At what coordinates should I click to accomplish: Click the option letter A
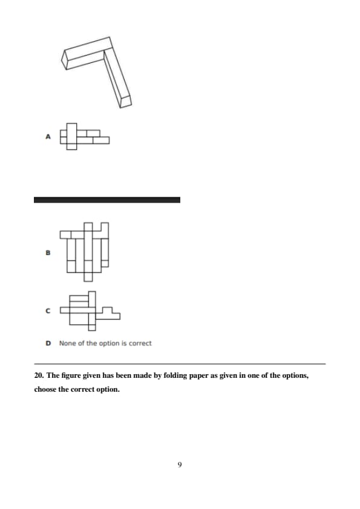[x=48, y=137]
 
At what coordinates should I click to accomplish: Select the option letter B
[x=48, y=253]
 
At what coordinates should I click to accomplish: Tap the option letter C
[x=48, y=311]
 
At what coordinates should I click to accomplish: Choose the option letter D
[x=48, y=343]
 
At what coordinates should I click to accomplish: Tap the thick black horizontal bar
[x=107, y=200]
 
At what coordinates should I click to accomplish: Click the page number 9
[x=180, y=464]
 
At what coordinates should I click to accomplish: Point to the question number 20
[x=39, y=375]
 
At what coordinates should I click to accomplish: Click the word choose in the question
[x=45, y=389]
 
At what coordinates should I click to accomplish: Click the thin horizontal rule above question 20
[x=180, y=364]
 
